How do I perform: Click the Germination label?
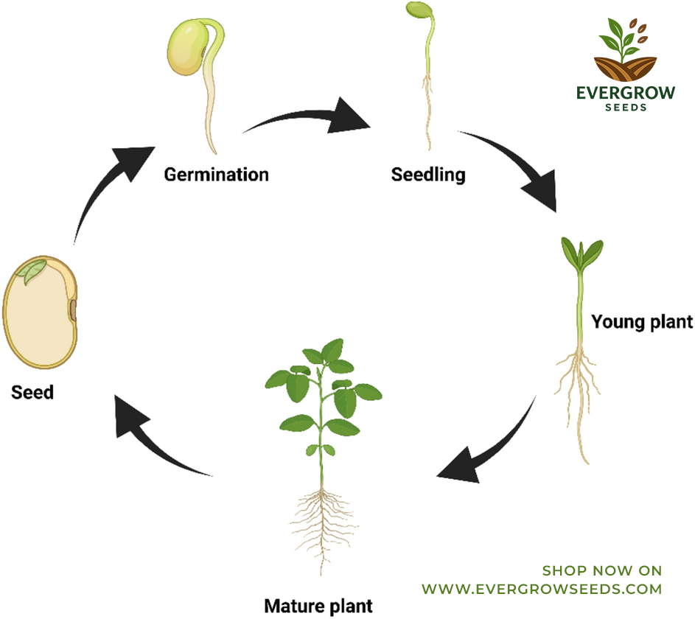pos(216,175)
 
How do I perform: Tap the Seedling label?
pos(428,175)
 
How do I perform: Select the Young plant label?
pos(642,322)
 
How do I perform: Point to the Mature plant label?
pos(318,606)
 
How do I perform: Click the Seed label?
pos(32,392)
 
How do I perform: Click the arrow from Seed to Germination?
pos(100,186)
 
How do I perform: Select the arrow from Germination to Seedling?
pos(306,116)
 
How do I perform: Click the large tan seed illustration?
pos(40,312)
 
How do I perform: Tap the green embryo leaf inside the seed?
pos(32,270)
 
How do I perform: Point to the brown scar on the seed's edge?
pos(73,310)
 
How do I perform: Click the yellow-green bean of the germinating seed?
pos(187,48)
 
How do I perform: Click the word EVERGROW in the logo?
pos(626,93)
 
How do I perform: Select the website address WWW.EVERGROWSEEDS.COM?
pos(542,590)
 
